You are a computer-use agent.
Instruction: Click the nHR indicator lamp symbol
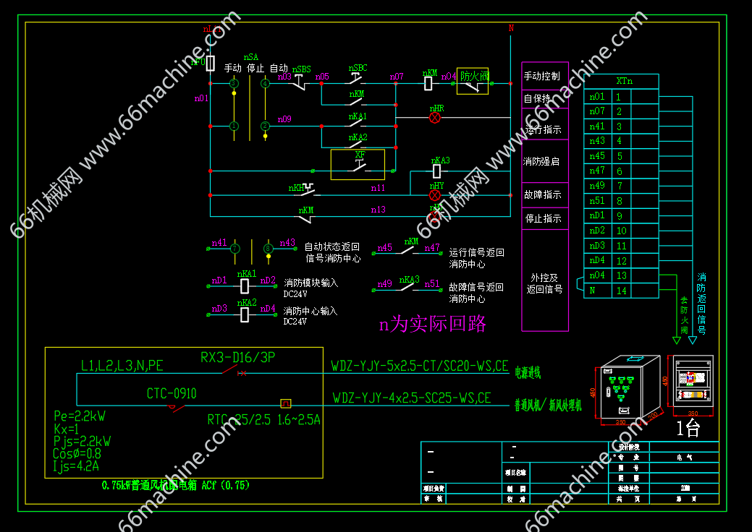[x=435, y=117]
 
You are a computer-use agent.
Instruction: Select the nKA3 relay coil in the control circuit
[x=437, y=171]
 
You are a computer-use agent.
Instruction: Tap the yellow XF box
[x=358, y=164]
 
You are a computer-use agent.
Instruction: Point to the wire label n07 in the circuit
[x=397, y=76]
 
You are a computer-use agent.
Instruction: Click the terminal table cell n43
[x=597, y=141]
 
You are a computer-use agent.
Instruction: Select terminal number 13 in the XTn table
[x=622, y=275]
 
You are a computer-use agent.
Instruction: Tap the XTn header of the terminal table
[x=624, y=81]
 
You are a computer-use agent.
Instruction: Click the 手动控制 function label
[x=541, y=76]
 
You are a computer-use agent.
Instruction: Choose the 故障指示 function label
[x=542, y=194]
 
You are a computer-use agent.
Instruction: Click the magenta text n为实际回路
[x=433, y=324]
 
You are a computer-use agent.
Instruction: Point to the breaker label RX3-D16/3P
[x=237, y=357]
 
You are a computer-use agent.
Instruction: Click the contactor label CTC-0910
[x=172, y=394]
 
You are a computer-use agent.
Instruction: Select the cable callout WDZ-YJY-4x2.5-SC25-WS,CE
[x=412, y=398]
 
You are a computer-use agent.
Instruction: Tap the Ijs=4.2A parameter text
[x=76, y=466]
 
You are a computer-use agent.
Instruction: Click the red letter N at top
[x=511, y=28]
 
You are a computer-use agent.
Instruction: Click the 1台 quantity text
[x=688, y=429]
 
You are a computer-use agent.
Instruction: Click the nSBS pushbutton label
[x=302, y=69]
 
